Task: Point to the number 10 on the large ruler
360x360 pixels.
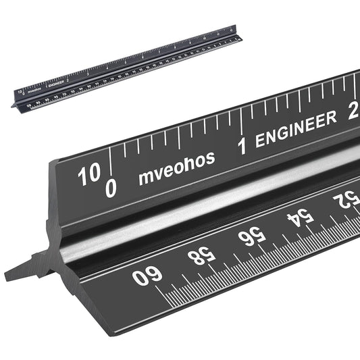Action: click(88, 176)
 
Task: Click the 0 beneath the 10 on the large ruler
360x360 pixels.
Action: click(111, 190)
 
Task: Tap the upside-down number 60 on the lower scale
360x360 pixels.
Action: click(148, 277)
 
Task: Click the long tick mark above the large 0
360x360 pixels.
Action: click(111, 162)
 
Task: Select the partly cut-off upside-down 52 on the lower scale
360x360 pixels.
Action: click(348, 200)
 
